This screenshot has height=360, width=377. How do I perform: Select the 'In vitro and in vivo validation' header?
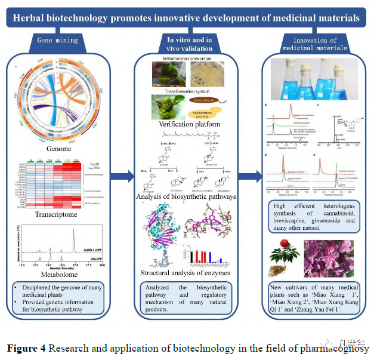(x=189, y=44)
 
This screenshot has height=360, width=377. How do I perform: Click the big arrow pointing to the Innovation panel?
(x=253, y=176)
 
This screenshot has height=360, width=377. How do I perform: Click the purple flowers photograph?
(x=335, y=252)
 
